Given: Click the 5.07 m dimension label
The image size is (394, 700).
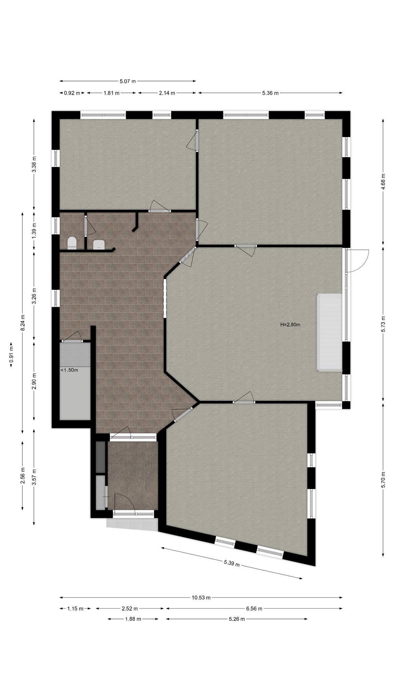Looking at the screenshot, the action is click(x=128, y=81).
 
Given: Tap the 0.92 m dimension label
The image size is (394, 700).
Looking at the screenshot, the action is click(x=72, y=93).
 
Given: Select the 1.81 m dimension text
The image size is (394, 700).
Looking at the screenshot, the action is click(x=111, y=93).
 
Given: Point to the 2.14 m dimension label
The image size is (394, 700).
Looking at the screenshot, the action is click(x=167, y=93).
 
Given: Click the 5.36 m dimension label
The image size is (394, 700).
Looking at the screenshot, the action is click(x=270, y=93).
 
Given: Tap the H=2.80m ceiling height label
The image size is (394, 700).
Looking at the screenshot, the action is click(x=290, y=325).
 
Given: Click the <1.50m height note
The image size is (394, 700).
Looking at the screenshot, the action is click(x=69, y=370).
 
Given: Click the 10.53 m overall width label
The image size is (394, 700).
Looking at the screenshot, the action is click(x=201, y=598).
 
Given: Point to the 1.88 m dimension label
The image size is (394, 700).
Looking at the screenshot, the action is click(x=133, y=619).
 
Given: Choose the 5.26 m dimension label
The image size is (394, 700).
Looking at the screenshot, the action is click(x=237, y=619).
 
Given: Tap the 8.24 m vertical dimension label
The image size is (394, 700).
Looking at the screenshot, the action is click(x=23, y=322).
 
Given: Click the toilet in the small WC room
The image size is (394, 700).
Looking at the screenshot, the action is click(x=72, y=243).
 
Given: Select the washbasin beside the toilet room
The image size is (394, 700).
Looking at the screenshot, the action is click(x=99, y=244).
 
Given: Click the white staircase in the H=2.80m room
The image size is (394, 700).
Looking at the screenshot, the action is click(x=330, y=332).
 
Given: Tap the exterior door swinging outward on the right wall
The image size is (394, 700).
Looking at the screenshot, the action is click(x=357, y=261).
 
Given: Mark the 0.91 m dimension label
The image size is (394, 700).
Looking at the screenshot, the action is click(x=11, y=355).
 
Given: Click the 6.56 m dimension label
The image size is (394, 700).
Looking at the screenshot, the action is click(x=254, y=608).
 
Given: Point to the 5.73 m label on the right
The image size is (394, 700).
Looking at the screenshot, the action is click(x=383, y=324).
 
